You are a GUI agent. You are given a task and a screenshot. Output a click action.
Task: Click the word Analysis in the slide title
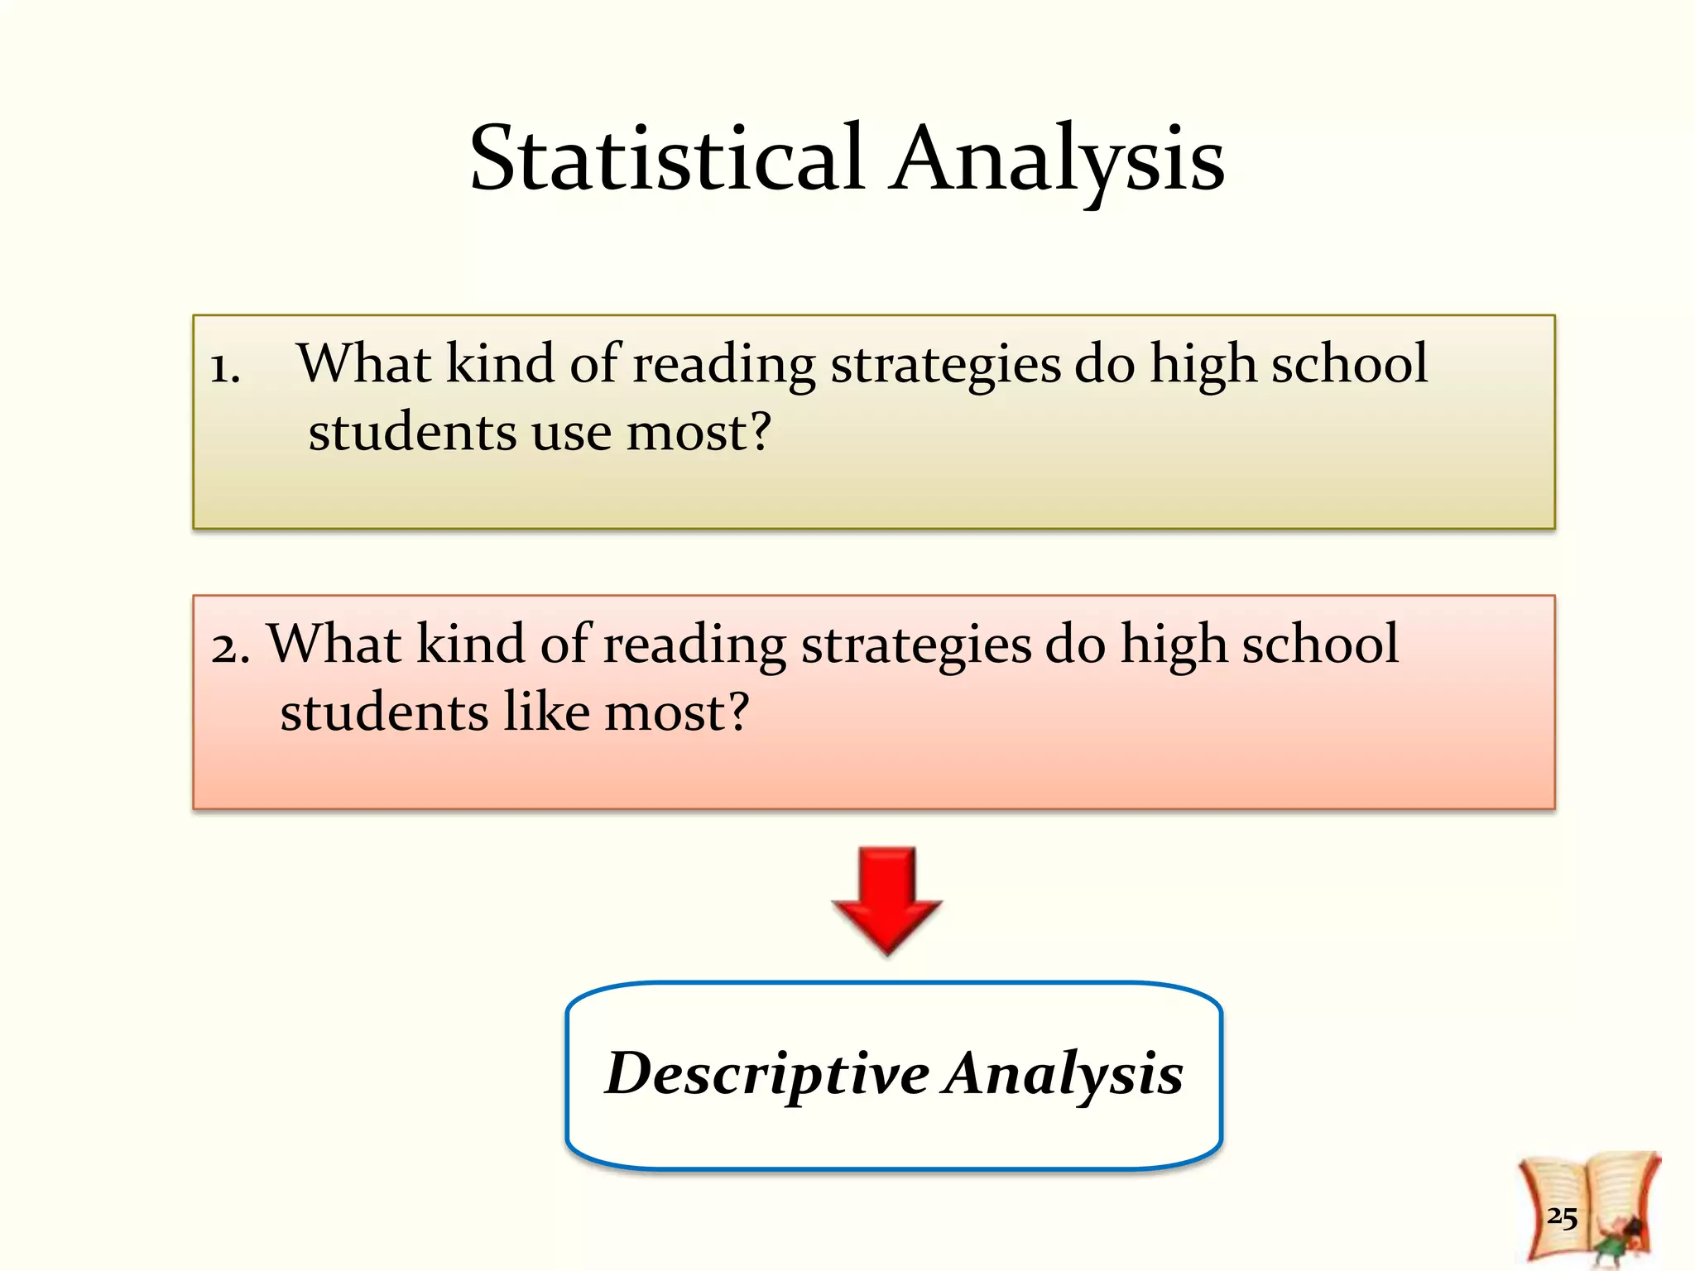click(x=1058, y=159)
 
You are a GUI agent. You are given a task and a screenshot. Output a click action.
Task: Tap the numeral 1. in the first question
click(x=224, y=367)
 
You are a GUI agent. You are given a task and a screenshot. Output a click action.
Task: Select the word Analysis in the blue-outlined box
click(x=1064, y=1073)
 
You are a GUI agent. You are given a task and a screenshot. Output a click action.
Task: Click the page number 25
click(x=1562, y=1216)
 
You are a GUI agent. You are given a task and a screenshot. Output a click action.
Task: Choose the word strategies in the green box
click(x=945, y=365)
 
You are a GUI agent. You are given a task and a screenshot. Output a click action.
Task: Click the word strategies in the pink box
click(x=916, y=645)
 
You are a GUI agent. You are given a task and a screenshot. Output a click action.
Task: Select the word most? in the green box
click(x=699, y=433)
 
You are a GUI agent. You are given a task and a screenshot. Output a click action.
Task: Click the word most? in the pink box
click(x=676, y=712)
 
